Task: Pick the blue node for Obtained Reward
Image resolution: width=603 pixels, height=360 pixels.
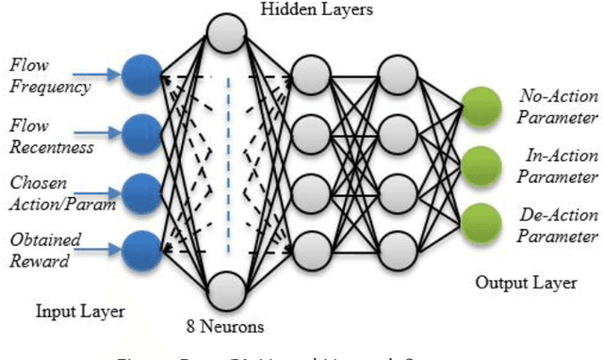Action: tap(141, 248)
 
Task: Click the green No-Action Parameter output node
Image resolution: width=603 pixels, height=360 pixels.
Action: tap(481, 104)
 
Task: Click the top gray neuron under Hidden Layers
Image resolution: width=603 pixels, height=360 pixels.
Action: tap(226, 33)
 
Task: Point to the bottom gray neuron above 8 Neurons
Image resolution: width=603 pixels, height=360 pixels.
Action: tap(226, 290)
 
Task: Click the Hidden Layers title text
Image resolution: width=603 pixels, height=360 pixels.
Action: tap(305, 10)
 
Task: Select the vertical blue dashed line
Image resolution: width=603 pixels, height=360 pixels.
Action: tap(226, 160)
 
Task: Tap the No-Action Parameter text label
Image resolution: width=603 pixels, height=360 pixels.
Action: tap(557, 104)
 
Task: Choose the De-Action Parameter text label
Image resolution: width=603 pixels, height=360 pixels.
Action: tap(557, 225)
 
